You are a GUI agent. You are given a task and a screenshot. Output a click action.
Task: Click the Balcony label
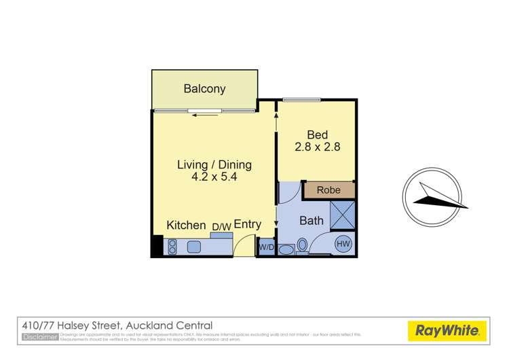(204, 89)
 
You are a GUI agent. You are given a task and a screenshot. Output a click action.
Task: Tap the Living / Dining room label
(214, 164)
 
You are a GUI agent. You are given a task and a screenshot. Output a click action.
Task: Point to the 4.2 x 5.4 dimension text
(214, 177)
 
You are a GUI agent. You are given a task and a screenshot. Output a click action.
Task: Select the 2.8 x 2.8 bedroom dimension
(316, 147)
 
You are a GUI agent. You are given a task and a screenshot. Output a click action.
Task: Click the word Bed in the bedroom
(317, 134)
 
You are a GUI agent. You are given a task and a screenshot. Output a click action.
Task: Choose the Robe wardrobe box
(329, 191)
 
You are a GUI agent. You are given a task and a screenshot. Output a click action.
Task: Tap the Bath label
(311, 220)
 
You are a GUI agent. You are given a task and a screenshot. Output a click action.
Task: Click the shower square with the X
(343, 215)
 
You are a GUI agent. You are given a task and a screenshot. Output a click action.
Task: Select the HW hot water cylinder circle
(343, 244)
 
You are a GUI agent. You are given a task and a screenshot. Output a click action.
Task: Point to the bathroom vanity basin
(286, 249)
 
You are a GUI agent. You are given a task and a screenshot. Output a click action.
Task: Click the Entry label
(247, 225)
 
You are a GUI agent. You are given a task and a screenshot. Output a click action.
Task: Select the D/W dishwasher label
(221, 227)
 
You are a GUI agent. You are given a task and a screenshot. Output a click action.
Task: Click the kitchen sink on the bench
(194, 247)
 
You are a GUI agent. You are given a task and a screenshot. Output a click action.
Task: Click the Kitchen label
(186, 226)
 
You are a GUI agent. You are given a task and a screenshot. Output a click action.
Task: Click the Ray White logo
(447, 331)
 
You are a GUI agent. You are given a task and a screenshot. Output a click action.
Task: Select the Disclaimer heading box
(40, 336)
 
